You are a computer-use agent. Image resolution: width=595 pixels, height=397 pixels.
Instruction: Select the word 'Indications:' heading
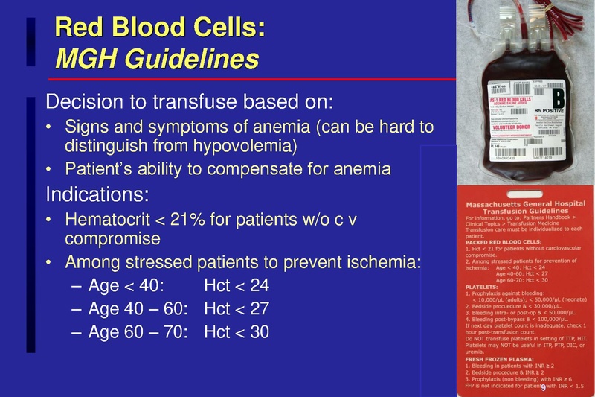97,195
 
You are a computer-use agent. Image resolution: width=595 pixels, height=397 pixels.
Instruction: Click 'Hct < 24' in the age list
236,285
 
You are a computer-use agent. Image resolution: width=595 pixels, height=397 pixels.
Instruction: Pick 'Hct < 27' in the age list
236,308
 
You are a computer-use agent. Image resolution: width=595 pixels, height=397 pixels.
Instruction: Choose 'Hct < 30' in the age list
236,331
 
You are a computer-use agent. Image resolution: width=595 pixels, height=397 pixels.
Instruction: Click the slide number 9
542,388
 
